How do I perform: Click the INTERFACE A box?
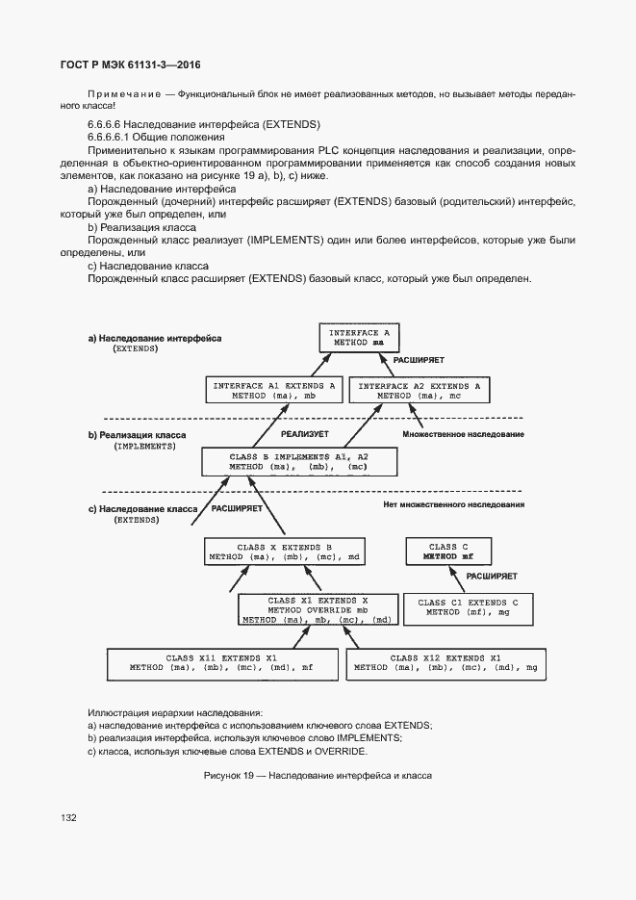point(358,337)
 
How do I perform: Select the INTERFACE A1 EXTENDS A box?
point(273,390)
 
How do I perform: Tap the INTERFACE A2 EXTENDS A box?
point(420,390)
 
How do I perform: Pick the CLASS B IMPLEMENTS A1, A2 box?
point(298,461)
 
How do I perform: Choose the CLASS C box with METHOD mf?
point(450,552)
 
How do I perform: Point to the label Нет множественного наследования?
point(453,504)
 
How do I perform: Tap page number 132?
point(68,817)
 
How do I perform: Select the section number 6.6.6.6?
point(104,125)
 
